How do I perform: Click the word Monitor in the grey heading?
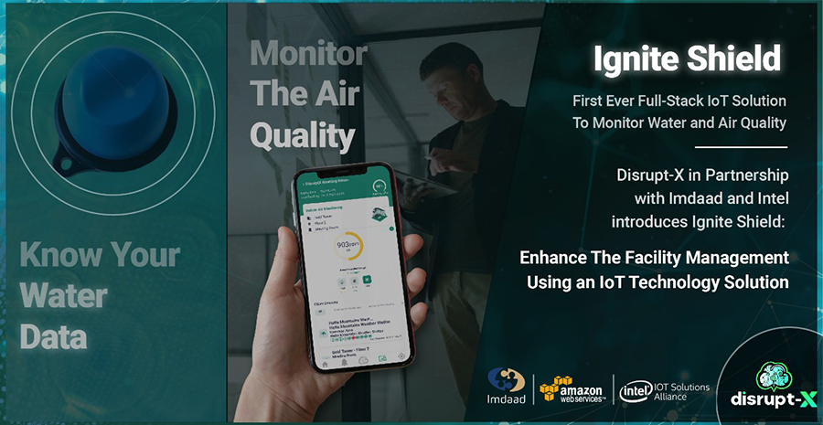point(308,54)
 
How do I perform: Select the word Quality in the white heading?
point(302,136)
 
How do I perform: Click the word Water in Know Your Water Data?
point(63,295)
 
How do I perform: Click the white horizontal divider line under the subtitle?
point(741,146)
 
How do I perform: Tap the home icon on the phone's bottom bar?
point(324,363)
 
